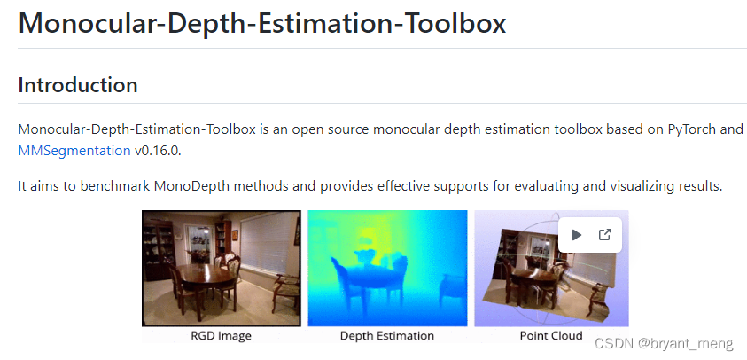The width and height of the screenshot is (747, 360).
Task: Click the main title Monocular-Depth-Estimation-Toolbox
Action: click(x=262, y=22)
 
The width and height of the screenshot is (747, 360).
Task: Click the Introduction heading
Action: click(x=77, y=85)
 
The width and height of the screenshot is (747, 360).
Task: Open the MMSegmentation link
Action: click(x=74, y=151)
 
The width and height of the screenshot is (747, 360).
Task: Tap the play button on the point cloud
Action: click(x=577, y=235)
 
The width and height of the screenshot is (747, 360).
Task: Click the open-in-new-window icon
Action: click(x=605, y=235)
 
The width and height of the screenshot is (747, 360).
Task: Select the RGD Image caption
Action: click(x=221, y=336)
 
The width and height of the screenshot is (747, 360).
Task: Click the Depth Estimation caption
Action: click(x=387, y=336)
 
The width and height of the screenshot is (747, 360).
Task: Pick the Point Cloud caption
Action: click(x=551, y=336)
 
